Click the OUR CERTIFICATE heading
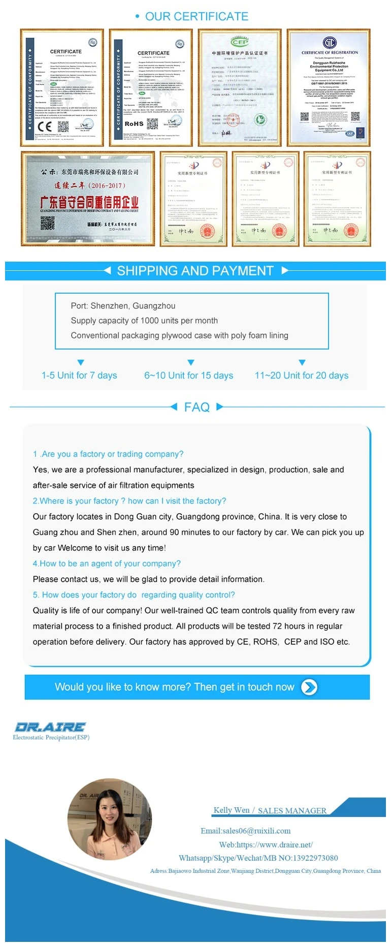tap(196, 17)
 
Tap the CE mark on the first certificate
tap(45, 127)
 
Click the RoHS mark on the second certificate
tap(134, 123)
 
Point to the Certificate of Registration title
tap(330, 52)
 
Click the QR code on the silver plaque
tap(47, 223)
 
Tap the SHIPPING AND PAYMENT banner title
tap(195, 271)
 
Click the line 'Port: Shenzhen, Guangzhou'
tap(123, 306)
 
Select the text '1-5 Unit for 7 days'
tap(79, 375)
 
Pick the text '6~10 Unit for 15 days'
tap(188, 375)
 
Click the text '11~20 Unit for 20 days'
tap(302, 375)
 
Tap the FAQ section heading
tap(197, 407)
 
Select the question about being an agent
tap(107, 563)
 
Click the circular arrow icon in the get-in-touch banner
tap(309, 687)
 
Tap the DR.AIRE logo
tap(50, 727)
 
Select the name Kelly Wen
tap(232, 810)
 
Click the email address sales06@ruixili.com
tap(246, 831)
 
